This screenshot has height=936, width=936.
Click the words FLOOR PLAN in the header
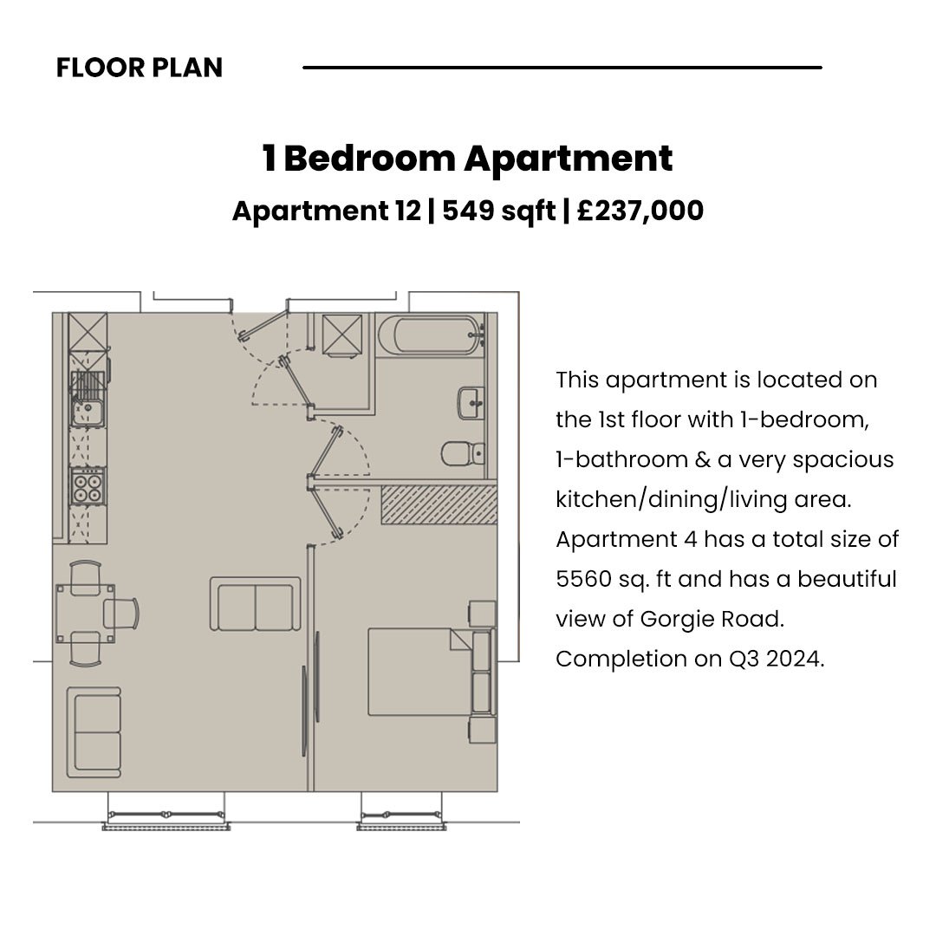(139, 68)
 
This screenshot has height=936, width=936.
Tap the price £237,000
(640, 211)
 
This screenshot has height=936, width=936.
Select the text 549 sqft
(498, 211)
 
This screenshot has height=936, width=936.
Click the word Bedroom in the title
(369, 159)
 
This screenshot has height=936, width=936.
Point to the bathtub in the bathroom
(431, 335)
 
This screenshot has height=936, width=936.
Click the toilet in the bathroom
(463, 453)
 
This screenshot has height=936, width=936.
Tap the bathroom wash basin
(471, 404)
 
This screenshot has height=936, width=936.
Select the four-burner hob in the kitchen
(88, 487)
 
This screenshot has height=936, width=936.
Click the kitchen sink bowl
(88, 413)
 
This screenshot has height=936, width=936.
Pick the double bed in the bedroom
(431, 672)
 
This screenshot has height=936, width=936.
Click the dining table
(85, 614)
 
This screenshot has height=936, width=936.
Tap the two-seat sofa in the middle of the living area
(256, 604)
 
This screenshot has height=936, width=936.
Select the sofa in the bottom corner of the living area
(94, 732)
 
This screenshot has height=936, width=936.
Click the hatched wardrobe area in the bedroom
(439, 505)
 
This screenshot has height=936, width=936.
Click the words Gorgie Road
(712, 619)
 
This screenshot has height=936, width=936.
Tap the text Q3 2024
(776, 659)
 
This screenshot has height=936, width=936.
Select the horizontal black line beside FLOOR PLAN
(562, 68)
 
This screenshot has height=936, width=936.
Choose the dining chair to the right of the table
(121, 614)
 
